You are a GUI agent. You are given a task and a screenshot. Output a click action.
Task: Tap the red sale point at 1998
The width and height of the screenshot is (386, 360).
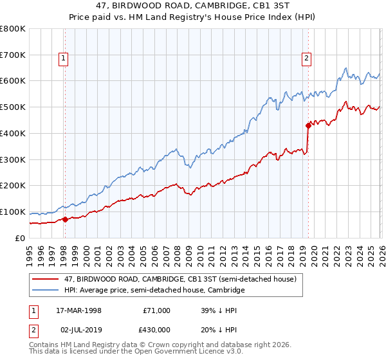click(x=65, y=219)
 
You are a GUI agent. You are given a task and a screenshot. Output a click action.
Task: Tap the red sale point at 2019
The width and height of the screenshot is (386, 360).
click(x=308, y=125)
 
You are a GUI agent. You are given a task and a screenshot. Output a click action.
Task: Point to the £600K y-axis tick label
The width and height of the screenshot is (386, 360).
click(x=13, y=81)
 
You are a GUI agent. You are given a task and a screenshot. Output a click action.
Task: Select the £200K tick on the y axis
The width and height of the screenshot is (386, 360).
click(x=13, y=185)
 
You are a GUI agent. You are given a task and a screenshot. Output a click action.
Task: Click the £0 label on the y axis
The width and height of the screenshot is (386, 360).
click(x=19, y=238)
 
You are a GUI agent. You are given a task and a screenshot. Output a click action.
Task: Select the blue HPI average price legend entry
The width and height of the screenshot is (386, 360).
click(x=154, y=291)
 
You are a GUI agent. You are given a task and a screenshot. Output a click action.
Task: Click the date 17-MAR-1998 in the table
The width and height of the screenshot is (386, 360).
click(x=78, y=310)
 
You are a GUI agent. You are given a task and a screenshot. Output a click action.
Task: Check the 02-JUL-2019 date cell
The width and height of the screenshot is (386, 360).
click(x=78, y=329)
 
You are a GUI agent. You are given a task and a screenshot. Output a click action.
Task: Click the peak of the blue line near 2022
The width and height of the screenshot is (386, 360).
click(x=346, y=68)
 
